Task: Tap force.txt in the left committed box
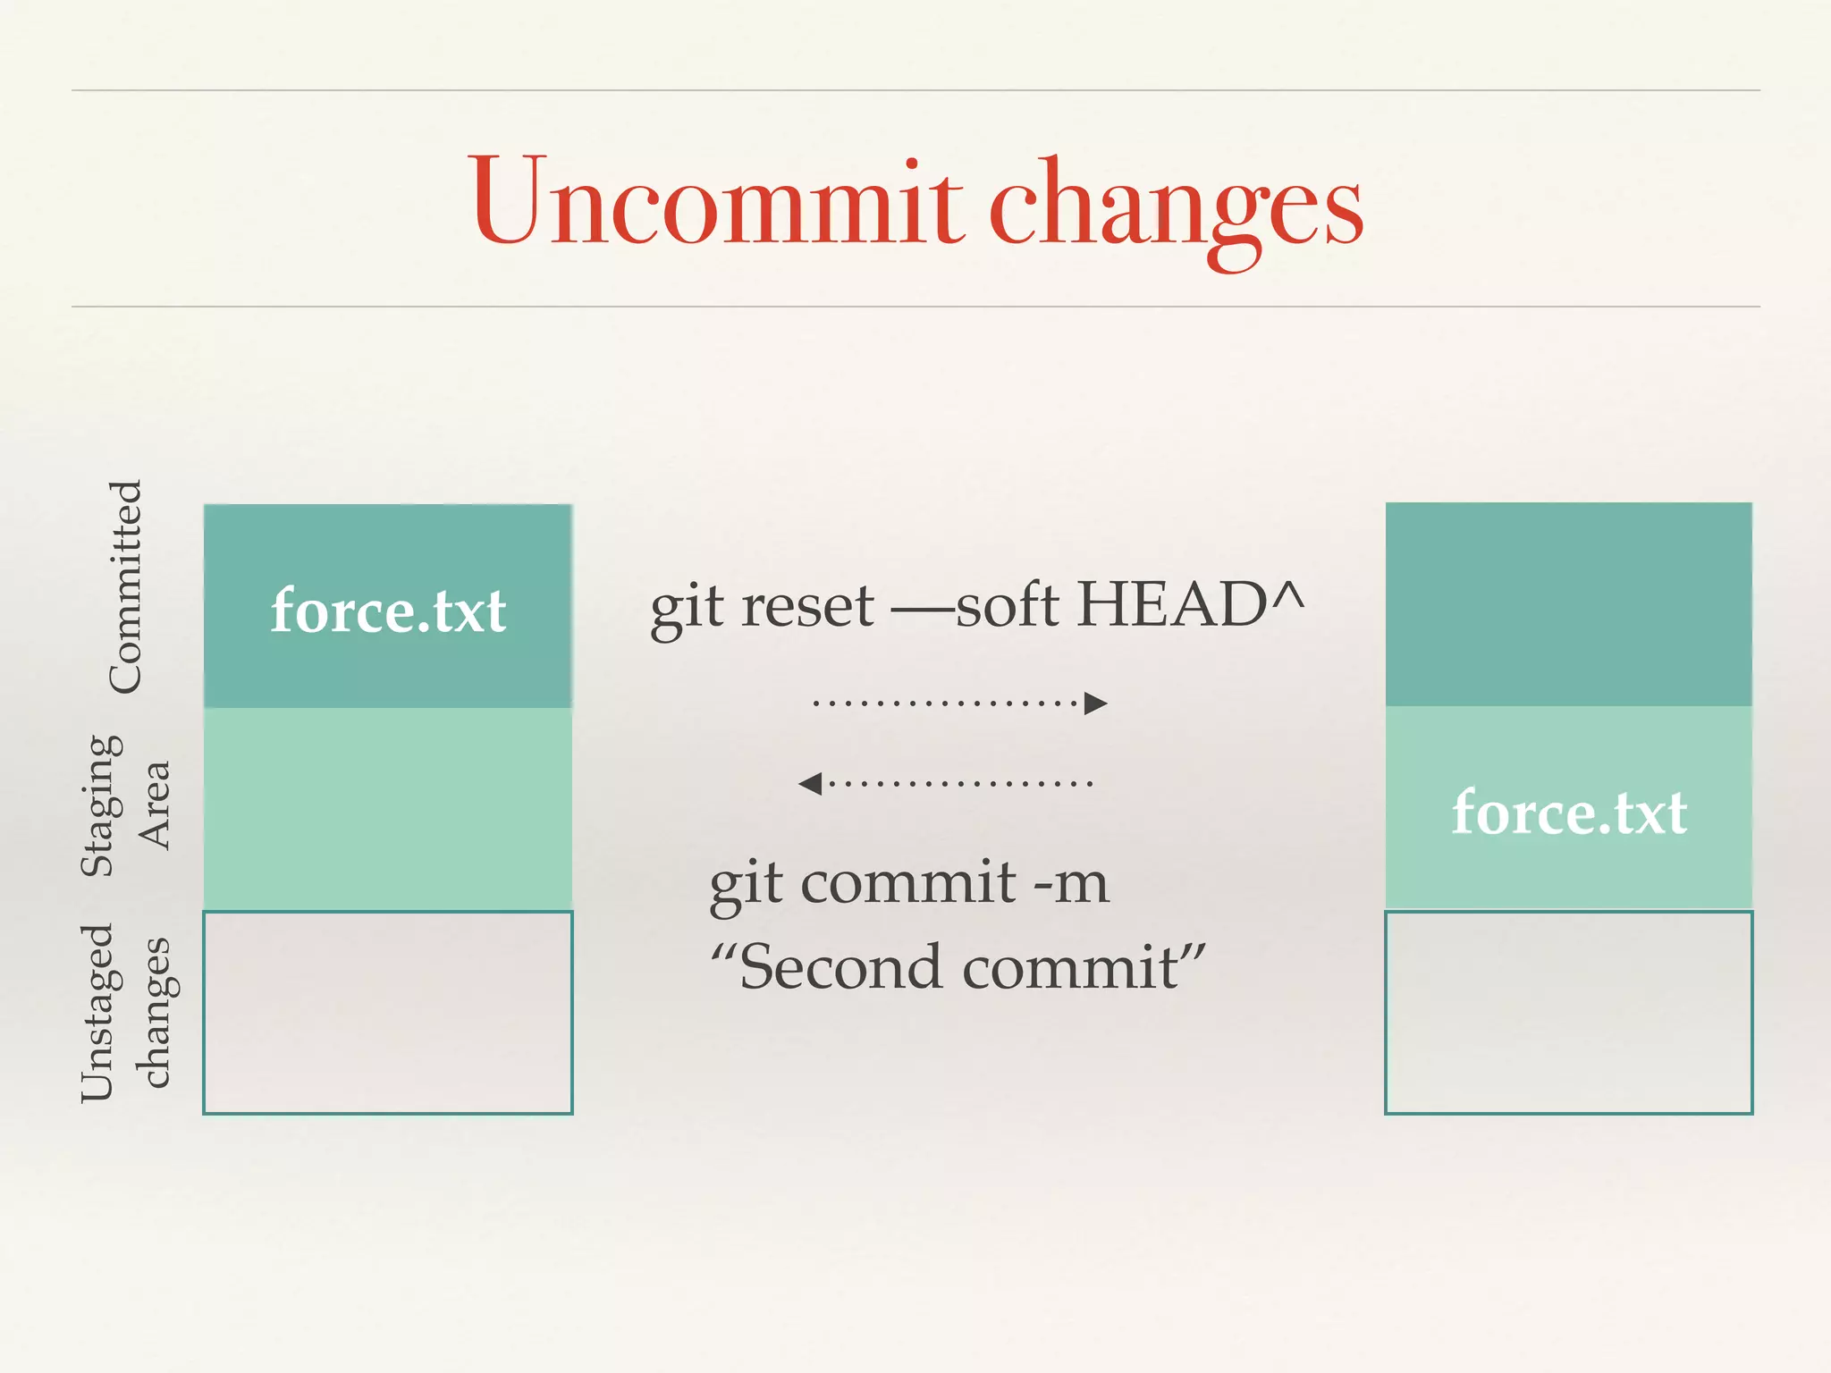[x=388, y=611]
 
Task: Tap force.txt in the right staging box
[x=1569, y=813]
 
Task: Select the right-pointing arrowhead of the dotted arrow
[x=1095, y=703]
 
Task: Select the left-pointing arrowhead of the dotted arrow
[x=810, y=784]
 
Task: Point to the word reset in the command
[x=807, y=606]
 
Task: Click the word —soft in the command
[x=975, y=605]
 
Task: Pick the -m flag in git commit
[x=1071, y=883]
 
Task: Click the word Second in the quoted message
[x=840, y=967]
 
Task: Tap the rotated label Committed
[x=125, y=586]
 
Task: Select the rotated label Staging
[x=100, y=805]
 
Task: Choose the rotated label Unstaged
[x=97, y=1012]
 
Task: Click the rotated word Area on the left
[x=154, y=805]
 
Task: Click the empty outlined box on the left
[x=388, y=1012]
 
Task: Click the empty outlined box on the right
[x=1569, y=1012]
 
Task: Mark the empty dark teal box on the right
[x=1569, y=604]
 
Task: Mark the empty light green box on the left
[x=388, y=809]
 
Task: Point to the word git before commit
[x=746, y=885]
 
